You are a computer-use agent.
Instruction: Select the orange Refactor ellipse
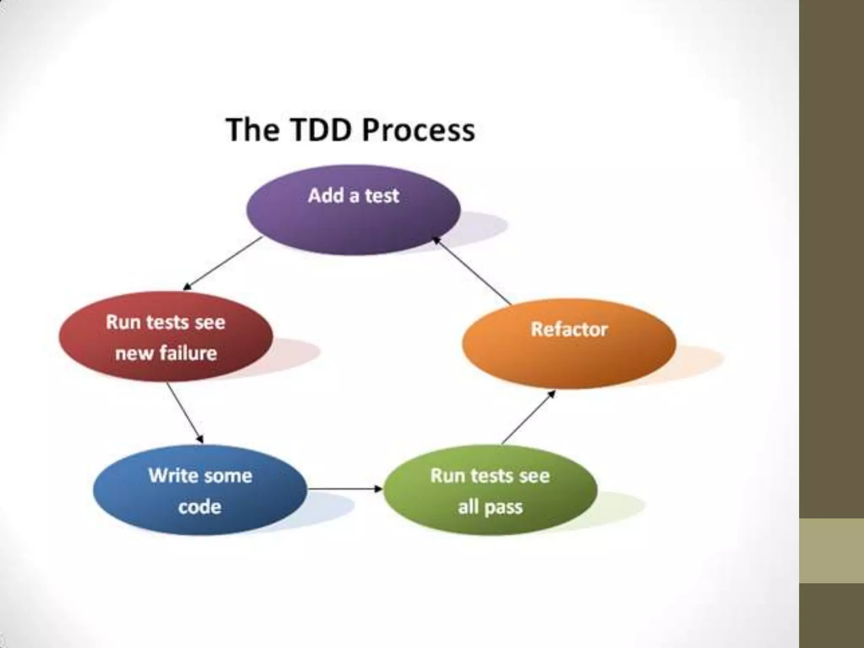click(569, 344)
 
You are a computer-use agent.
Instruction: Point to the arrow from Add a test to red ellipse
click(223, 264)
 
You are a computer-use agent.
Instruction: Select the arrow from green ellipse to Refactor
click(528, 417)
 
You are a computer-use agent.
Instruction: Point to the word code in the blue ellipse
click(200, 506)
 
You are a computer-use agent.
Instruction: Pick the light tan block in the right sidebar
click(832, 551)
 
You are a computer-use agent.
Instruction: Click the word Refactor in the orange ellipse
click(569, 329)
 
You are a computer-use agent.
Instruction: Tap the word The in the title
click(252, 130)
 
